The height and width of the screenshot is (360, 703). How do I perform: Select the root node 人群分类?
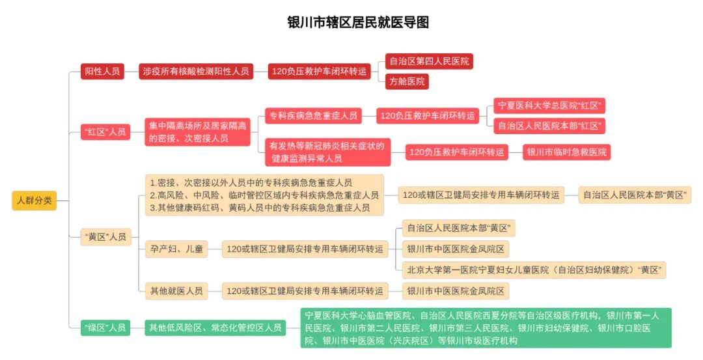coord(34,201)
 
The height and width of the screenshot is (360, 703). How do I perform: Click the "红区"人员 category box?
coord(105,132)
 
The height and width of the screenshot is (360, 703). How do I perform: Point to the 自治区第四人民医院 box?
coord(429,62)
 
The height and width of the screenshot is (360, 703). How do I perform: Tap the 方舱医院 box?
coord(407,82)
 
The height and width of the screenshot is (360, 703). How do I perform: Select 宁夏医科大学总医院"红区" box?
coord(551,105)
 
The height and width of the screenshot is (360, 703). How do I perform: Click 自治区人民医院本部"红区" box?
coord(551,126)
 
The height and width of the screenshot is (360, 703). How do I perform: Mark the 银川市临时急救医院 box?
coord(567,152)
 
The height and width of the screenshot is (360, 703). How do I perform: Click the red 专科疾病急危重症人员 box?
coord(314,116)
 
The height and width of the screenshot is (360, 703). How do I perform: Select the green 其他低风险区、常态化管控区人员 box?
coord(215,327)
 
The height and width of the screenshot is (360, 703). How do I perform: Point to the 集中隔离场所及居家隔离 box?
coord(198,132)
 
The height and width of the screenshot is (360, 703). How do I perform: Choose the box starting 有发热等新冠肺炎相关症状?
coord(327,152)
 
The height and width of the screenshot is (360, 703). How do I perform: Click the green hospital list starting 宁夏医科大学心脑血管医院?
coord(486,327)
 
